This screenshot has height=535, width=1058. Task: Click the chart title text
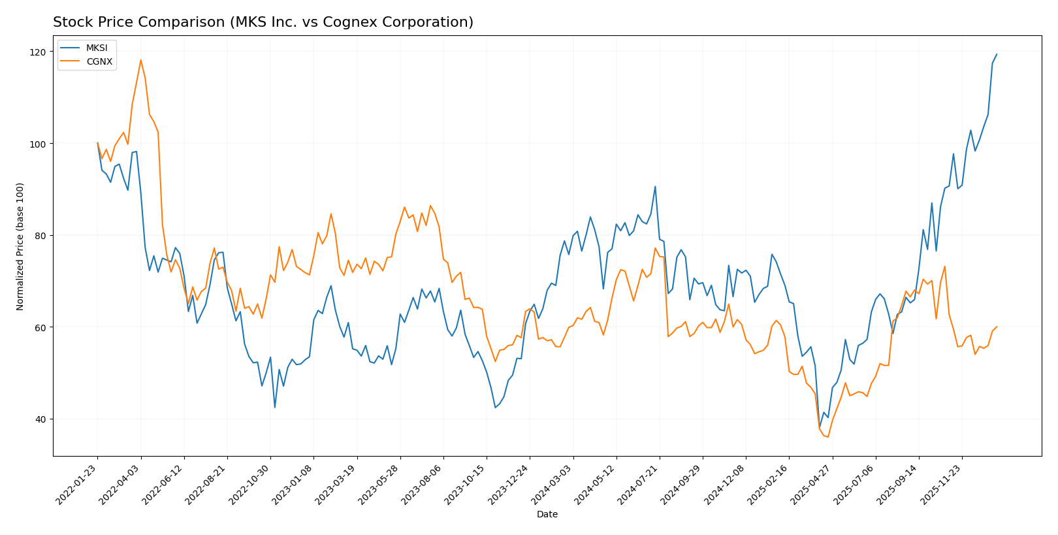tap(263, 22)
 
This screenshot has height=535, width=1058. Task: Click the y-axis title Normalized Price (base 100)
tap(20, 246)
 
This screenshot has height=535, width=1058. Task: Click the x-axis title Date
tap(547, 515)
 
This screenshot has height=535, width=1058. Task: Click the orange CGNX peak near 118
tap(140, 60)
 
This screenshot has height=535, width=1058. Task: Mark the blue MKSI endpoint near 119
tap(997, 54)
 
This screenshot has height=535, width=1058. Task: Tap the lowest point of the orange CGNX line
tap(828, 436)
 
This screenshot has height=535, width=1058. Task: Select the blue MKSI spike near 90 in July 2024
tap(655, 187)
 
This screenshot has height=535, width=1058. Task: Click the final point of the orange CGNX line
tap(997, 327)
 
